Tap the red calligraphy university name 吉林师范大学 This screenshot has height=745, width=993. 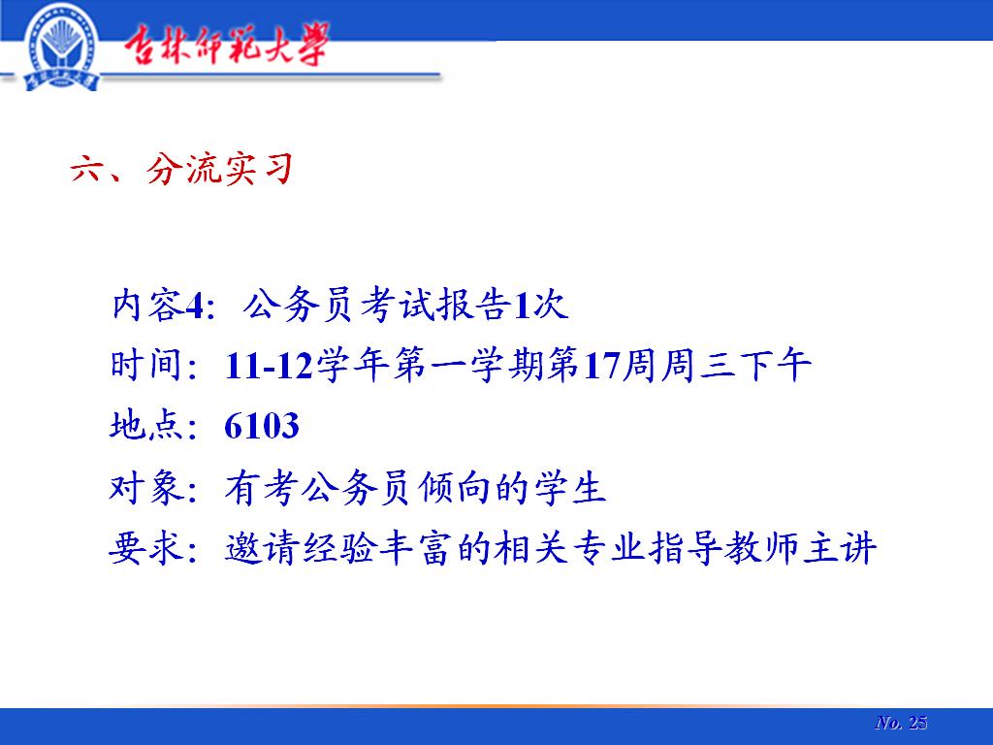pos(226,45)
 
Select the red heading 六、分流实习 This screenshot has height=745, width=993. pos(181,169)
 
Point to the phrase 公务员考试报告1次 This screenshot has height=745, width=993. pos(405,306)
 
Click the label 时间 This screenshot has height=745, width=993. pos(146,366)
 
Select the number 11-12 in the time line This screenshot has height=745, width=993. pos(270,366)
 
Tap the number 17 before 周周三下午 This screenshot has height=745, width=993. pos(601,366)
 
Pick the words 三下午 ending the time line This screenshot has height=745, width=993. pos(756,366)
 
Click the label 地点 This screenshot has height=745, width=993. pos(146,425)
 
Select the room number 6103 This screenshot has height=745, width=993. pos(262,426)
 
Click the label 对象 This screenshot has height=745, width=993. pos(146,488)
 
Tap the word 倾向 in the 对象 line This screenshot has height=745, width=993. pos(454,488)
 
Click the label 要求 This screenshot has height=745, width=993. pos(146,548)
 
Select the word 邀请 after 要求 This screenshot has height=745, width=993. pos(262,548)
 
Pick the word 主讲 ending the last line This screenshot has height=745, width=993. pos(841,548)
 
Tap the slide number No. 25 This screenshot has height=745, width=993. pos(901,723)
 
